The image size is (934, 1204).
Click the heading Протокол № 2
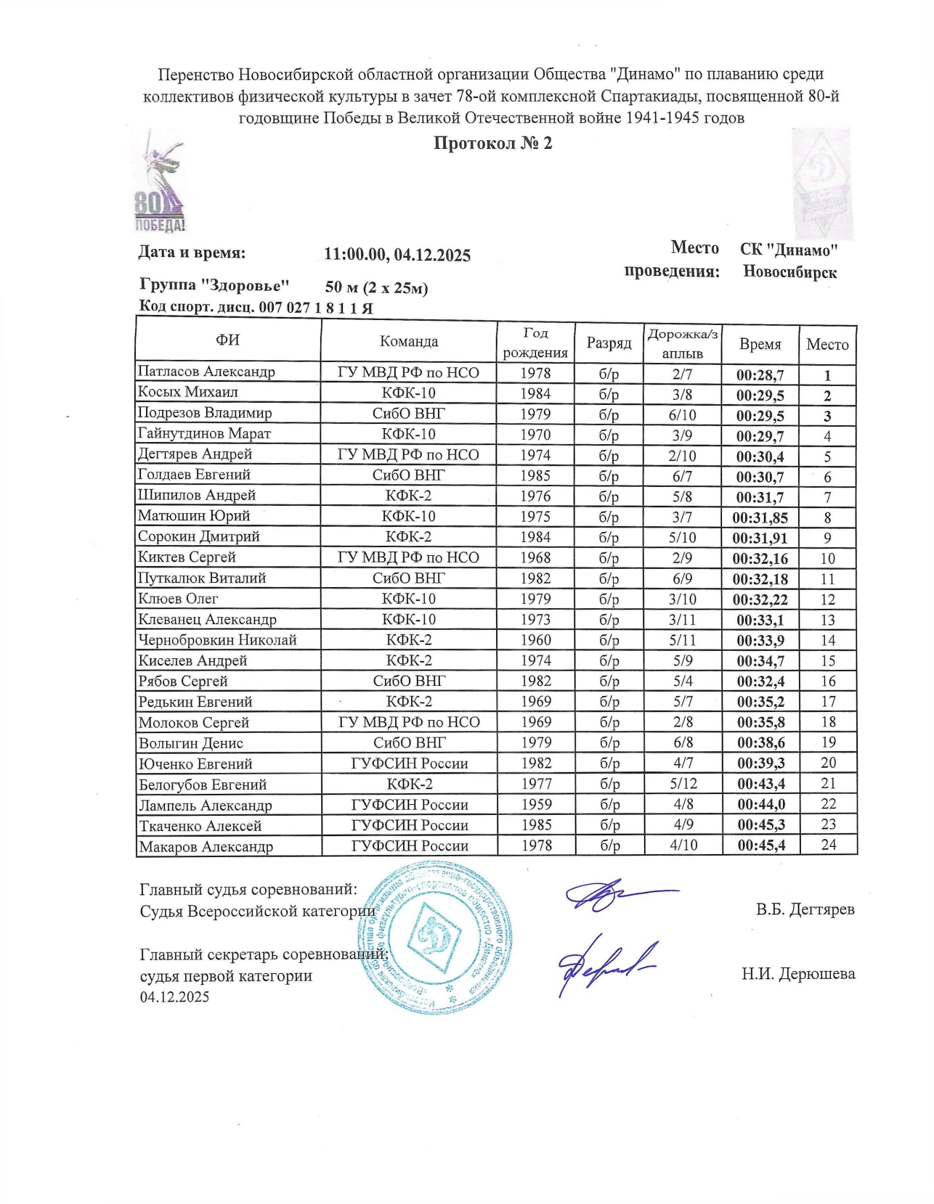tap(492, 143)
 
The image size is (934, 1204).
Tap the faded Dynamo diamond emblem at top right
tap(821, 184)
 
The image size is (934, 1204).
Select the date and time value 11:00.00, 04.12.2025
tap(397, 255)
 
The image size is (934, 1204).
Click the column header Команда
tap(409, 341)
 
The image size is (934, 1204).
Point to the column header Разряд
tap(609, 343)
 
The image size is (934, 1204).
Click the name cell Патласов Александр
tap(207, 372)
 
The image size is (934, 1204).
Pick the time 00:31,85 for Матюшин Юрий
tap(760, 518)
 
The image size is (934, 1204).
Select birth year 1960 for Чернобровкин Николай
tap(535, 640)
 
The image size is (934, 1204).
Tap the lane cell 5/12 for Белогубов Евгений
tap(683, 784)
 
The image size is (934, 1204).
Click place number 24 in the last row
tap(828, 845)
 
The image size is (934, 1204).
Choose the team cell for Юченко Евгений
tap(409, 763)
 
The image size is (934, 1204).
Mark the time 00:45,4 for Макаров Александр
tap(760, 845)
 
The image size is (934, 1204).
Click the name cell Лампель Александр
tap(206, 805)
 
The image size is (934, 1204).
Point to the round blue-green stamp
tap(436, 937)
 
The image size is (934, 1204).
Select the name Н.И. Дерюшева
tap(797, 974)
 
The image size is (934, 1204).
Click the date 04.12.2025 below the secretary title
tap(174, 996)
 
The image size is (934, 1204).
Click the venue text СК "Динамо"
tap(789, 250)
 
